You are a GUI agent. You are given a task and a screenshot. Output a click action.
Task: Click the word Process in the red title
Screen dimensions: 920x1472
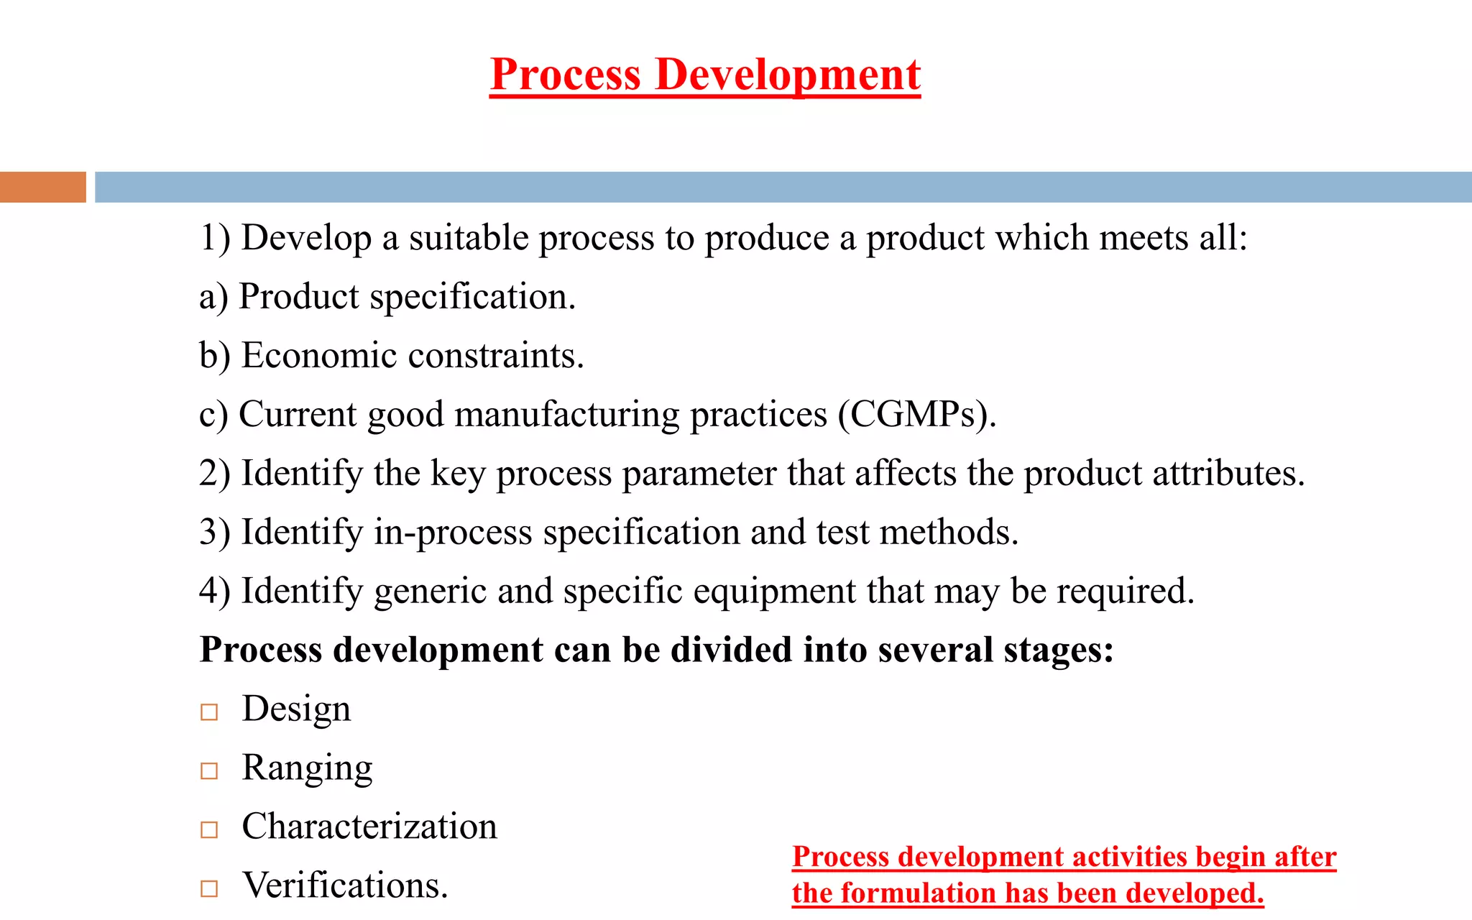click(x=565, y=75)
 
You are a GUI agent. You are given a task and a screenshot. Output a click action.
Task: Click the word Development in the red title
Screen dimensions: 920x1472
click(x=788, y=75)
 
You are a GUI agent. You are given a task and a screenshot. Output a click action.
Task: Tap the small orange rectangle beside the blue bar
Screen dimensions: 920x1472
click(x=42, y=187)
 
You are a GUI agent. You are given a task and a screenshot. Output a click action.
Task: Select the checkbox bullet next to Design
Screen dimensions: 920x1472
click(x=209, y=712)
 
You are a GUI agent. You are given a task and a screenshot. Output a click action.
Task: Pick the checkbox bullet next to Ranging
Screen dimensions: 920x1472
click(x=209, y=770)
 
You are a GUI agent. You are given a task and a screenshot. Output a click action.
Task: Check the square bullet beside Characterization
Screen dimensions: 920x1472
click(x=209, y=829)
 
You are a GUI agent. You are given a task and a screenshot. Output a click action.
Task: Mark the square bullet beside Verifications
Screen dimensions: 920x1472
click(x=209, y=888)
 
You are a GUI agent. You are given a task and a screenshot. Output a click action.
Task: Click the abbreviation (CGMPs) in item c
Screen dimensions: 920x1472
click(x=917, y=415)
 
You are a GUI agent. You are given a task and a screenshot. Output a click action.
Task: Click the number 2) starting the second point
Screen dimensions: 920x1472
click(x=214, y=474)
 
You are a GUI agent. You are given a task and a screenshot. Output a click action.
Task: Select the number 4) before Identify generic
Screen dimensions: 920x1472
click(x=214, y=592)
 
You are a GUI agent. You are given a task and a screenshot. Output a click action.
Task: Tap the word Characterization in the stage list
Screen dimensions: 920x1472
click(x=369, y=827)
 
